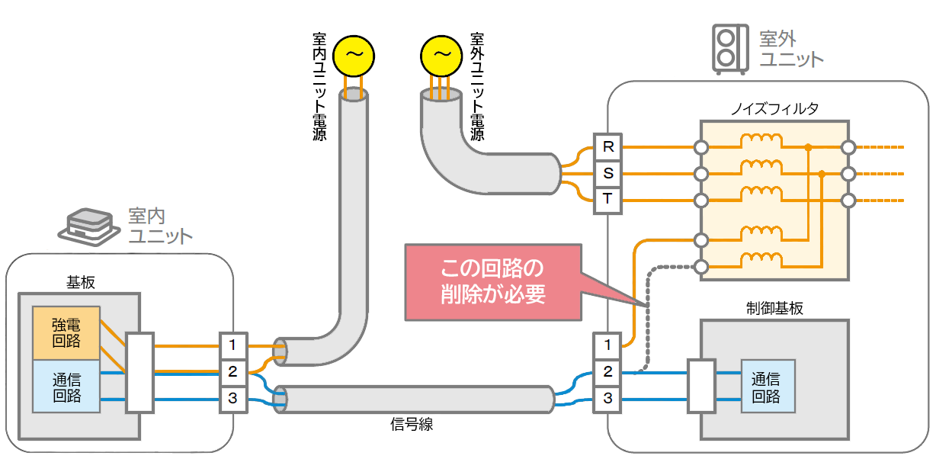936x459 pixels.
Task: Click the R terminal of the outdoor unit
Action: (607, 146)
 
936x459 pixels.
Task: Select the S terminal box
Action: (607, 173)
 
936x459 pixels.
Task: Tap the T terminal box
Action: (607, 200)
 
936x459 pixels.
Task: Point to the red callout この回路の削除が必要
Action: (492, 281)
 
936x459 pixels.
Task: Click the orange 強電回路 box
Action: (66, 333)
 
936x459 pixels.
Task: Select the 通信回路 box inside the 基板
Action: (66, 386)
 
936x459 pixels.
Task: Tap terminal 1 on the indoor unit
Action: (232, 345)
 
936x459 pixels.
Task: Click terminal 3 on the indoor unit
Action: (232, 399)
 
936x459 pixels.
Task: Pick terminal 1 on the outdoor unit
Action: (607, 345)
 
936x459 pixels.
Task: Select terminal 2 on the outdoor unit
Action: (607, 372)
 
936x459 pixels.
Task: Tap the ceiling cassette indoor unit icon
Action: (90, 223)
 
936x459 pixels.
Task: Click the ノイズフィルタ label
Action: (774, 108)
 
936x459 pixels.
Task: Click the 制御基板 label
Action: (774, 308)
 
